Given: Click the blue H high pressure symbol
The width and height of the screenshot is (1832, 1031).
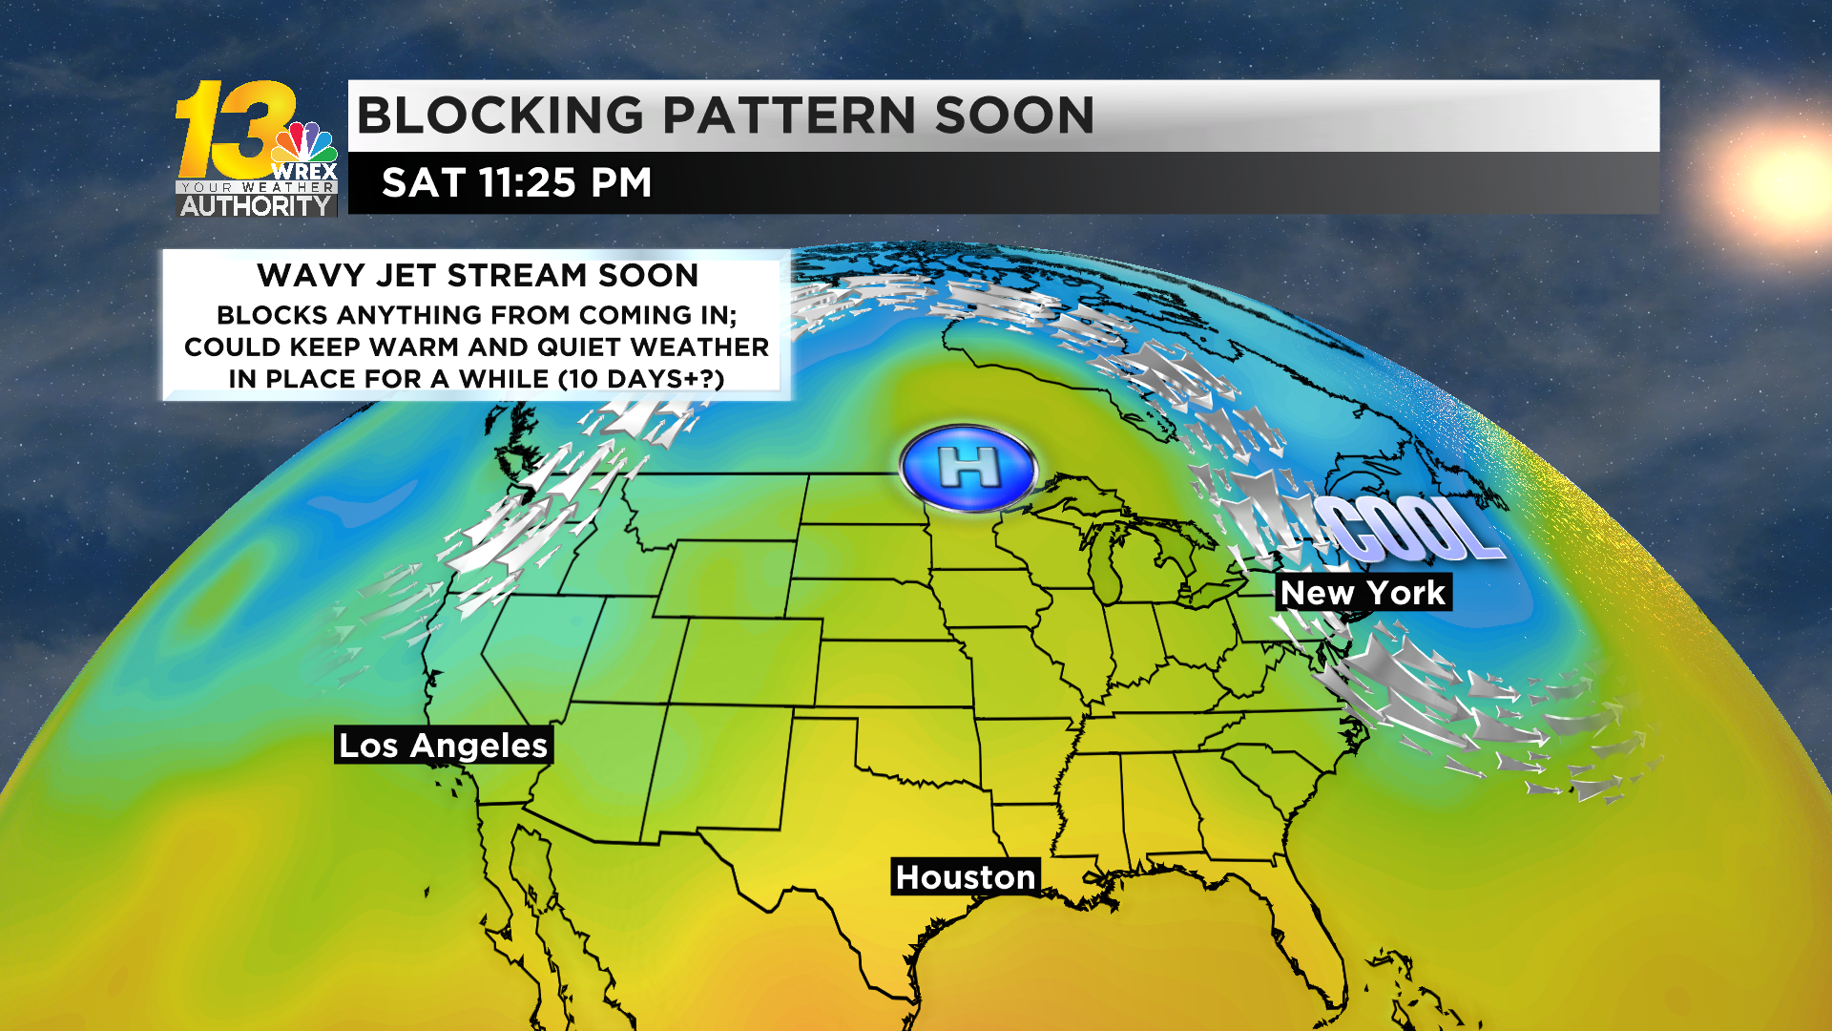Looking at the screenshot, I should pyautogui.click(x=968, y=468).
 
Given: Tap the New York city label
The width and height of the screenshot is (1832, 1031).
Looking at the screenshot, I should pyautogui.click(x=1363, y=593).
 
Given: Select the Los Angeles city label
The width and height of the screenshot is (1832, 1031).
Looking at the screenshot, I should pyautogui.click(x=444, y=746).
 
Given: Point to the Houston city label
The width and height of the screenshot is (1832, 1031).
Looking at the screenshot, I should pyautogui.click(x=965, y=877).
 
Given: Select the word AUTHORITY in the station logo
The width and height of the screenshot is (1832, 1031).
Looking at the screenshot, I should pyautogui.click(x=256, y=205).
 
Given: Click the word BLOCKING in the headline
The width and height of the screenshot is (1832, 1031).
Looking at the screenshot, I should pyautogui.click(x=500, y=116).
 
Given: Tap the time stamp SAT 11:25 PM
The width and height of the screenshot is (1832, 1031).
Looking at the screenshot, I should pyautogui.click(x=516, y=182).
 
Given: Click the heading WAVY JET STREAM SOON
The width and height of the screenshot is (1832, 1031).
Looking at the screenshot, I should pyautogui.click(x=477, y=276).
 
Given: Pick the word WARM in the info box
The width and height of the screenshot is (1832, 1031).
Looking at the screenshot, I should pyautogui.click(x=448, y=347).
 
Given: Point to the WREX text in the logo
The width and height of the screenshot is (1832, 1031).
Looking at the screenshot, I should pyautogui.click(x=304, y=172).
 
